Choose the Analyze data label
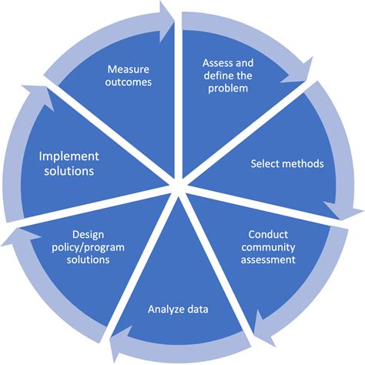tap(179, 310)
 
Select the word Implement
tap(70, 156)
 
